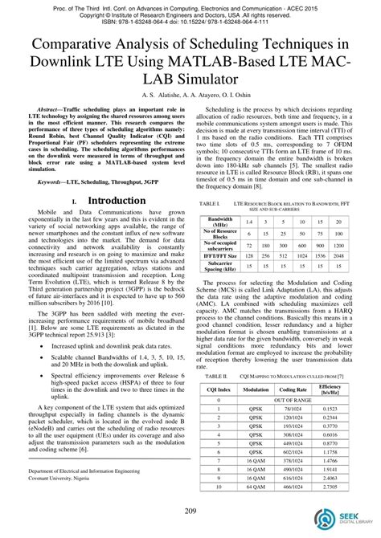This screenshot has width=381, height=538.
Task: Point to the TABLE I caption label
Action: click(210, 204)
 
